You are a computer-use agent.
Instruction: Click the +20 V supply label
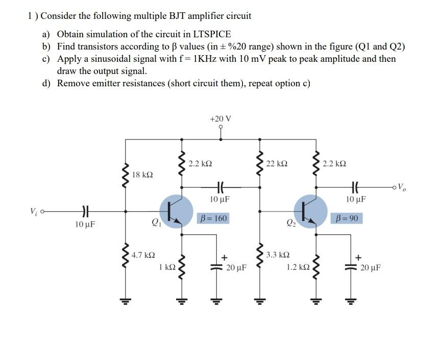[x=220, y=118]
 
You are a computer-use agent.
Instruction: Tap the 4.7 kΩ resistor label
[x=143, y=254]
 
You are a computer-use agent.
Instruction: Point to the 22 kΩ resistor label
[x=277, y=163]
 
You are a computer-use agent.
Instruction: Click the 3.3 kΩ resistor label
[x=279, y=254]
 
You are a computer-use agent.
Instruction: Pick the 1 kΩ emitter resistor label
[x=167, y=267]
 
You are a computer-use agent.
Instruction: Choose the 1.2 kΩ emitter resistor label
[x=298, y=267]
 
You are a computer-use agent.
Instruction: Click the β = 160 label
[x=212, y=219]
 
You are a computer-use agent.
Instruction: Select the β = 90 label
[x=347, y=219]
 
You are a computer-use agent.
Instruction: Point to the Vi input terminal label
[x=34, y=211]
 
